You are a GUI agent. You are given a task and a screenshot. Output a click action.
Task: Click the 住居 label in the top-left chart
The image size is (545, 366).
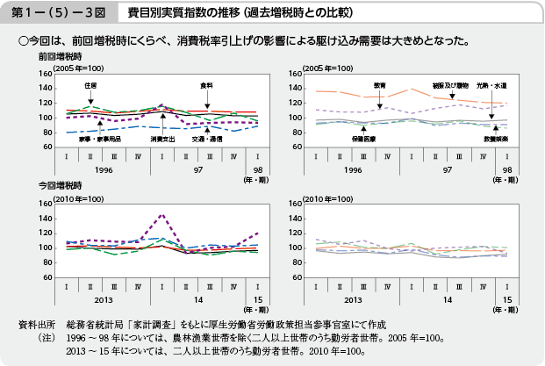(90, 85)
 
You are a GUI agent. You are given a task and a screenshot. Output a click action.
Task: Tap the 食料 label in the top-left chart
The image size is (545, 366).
(207, 85)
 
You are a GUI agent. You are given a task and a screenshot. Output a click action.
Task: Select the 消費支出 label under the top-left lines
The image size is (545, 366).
(162, 139)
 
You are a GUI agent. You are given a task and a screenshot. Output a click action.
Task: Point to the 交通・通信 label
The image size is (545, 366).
(207, 139)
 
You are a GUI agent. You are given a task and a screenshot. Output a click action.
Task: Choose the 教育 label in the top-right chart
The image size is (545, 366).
(379, 85)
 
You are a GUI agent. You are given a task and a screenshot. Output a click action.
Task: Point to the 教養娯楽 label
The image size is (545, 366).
(494, 139)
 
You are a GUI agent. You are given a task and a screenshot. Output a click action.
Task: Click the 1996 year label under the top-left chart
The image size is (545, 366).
(104, 169)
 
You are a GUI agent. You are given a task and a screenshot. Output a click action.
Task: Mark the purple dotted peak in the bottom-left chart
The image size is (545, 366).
(161, 214)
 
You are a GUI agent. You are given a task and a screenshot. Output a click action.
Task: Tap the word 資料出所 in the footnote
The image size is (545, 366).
(36, 324)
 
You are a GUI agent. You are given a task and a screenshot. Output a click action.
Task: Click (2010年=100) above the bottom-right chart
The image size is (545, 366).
(330, 197)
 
